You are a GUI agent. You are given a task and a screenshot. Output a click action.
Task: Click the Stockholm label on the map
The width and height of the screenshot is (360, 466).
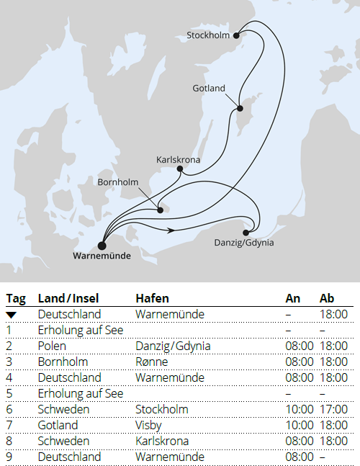207,35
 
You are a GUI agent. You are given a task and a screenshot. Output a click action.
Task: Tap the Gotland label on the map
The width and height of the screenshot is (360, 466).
209,89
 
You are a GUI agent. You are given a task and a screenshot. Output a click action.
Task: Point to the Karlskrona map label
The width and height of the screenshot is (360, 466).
178,160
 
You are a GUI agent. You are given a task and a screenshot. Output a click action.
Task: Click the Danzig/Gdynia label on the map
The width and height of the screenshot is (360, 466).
244,243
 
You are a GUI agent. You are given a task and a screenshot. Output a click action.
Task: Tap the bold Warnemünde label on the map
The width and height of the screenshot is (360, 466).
103,254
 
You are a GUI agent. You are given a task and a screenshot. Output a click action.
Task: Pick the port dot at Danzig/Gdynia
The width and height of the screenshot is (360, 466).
247,232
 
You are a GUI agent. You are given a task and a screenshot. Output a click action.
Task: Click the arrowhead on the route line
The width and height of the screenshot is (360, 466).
171,230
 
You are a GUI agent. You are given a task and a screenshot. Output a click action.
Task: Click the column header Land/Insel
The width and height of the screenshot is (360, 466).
68,299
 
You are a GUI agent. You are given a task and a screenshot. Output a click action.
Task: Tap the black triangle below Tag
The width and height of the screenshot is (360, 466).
12,315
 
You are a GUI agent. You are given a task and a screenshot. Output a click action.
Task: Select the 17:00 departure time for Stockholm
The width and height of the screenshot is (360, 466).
333,409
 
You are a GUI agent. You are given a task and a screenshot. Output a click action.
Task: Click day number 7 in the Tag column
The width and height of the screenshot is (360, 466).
9,425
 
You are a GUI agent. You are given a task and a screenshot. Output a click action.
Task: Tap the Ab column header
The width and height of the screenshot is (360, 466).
327,299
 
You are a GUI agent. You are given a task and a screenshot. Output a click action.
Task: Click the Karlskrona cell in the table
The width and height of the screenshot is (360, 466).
161,441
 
